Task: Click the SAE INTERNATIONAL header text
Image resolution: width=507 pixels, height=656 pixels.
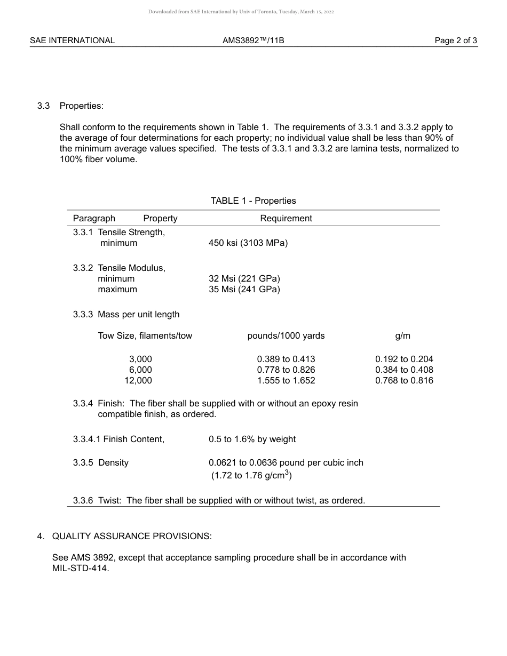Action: (x=72, y=41)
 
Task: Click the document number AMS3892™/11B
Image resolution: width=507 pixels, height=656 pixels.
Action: (x=253, y=41)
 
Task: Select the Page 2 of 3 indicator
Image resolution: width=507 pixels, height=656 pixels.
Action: (x=456, y=41)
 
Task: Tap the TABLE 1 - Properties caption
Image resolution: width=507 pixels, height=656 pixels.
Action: (x=253, y=201)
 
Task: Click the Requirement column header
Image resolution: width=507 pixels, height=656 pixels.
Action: (x=286, y=219)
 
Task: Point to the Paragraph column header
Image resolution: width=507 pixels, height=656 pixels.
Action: (x=94, y=219)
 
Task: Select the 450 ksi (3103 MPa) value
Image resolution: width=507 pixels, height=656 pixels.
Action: (x=248, y=243)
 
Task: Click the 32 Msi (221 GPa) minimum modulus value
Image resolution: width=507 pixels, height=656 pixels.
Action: (x=244, y=279)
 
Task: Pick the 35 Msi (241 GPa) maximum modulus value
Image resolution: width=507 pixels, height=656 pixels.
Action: (x=244, y=290)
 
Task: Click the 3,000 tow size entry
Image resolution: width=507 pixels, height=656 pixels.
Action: (x=140, y=359)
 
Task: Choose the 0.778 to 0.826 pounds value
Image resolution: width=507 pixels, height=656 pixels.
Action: (x=286, y=370)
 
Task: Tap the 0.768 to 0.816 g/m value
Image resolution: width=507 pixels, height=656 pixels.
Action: (x=404, y=381)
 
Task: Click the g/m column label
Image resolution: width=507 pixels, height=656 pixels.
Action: (x=403, y=336)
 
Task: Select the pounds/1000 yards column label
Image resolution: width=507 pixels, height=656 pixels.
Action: (x=286, y=336)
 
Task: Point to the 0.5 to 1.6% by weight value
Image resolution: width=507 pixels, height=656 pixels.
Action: (x=252, y=439)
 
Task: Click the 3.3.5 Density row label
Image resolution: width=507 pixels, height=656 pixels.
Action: (x=101, y=463)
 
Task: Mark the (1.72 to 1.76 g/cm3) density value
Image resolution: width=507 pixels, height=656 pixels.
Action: (x=251, y=475)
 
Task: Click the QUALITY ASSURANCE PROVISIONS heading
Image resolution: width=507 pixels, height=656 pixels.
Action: (x=132, y=537)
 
